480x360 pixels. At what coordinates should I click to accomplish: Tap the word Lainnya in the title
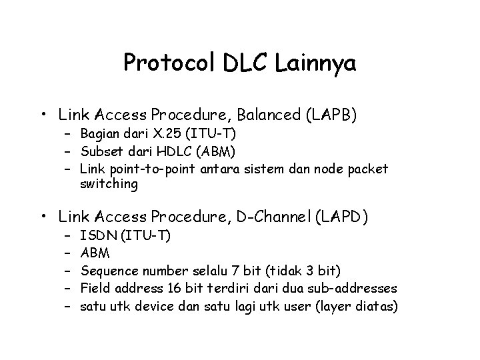(x=315, y=63)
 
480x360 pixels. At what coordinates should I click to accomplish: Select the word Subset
(x=99, y=151)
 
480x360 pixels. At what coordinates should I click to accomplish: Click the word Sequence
(x=110, y=270)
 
